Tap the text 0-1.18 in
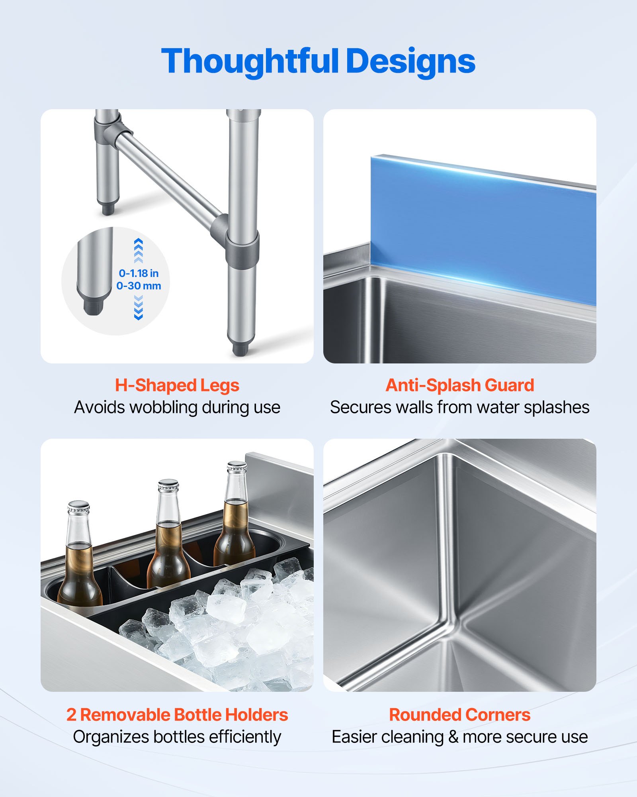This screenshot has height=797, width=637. (139, 273)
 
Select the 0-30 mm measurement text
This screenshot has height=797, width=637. (139, 286)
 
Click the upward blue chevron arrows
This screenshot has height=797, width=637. (138, 250)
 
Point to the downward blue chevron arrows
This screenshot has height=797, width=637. (138, 308)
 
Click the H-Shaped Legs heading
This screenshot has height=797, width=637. (177, 385)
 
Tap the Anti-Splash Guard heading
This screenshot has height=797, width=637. (460, 385)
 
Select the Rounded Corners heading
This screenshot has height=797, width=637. (460, 715)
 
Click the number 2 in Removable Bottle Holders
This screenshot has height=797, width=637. (71, 715)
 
